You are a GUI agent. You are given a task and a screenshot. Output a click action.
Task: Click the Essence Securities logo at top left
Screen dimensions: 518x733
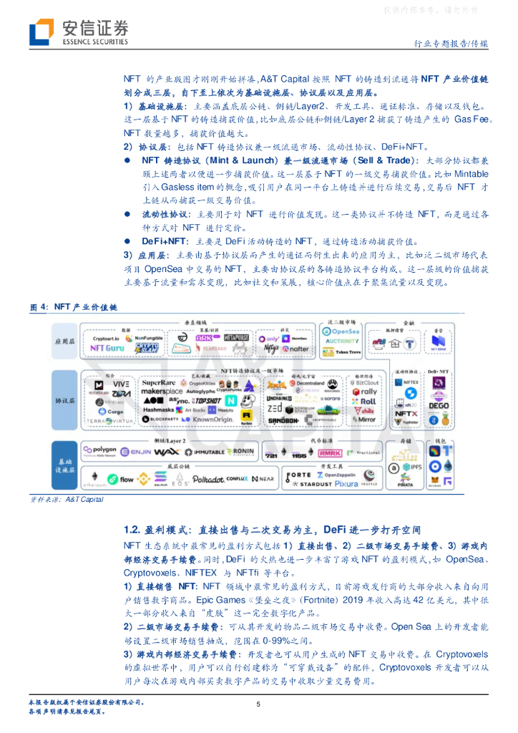(79, 32)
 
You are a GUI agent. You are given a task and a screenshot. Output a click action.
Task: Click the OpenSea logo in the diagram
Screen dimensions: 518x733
(341, 331)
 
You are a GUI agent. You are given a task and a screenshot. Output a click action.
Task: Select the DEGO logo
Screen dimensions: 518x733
(439, 405)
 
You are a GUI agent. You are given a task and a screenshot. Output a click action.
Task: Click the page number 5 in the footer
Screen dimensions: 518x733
(258, 704)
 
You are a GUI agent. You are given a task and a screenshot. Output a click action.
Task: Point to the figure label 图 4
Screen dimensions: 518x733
(39, 306)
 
